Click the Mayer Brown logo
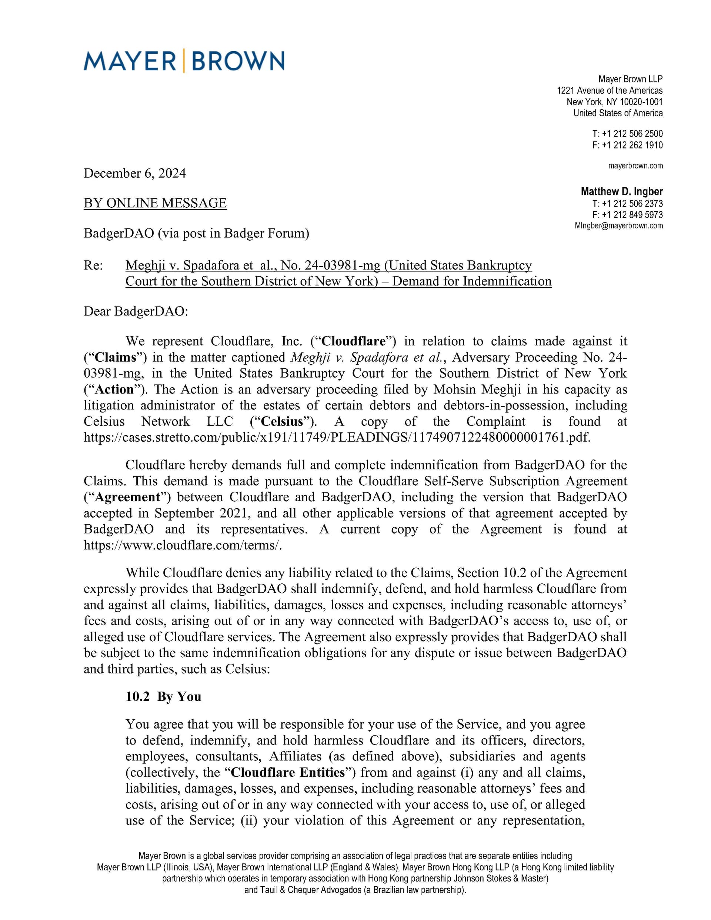[184, 61]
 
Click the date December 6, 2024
[134, 173]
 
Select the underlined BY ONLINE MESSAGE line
[155, 203]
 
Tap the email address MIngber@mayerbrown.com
[618, 226]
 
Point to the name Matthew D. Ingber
[622, 192]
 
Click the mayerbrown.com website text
[635, 165]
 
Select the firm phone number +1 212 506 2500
[632, 134]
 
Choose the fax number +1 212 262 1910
[632, 145]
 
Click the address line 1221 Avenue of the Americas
[610, 91]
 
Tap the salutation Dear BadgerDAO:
[136, 311]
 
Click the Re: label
[93, 265]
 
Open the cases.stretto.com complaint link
[337, 437]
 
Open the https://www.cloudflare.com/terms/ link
[183, 545]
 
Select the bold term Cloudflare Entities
[288, 772]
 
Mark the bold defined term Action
[114, 389]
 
